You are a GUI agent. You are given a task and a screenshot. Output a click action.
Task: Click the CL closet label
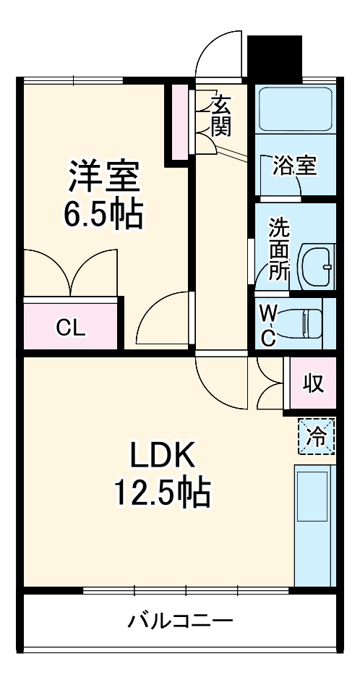click(71, 328)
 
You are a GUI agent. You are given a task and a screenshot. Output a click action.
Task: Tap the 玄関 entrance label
click(221, 116)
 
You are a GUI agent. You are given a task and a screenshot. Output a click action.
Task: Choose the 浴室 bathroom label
click(294, 166)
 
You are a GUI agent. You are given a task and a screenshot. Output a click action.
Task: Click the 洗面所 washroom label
click(279, 250)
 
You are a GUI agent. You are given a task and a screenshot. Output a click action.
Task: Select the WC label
click(268, 325)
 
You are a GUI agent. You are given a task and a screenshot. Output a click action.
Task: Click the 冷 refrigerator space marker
click(317, 436)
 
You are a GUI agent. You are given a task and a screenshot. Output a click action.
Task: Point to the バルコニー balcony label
click(180, 620)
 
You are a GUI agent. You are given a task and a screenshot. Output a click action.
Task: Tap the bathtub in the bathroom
click(295, 109)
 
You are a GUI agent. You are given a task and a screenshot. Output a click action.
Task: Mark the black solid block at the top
click(275, 56)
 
